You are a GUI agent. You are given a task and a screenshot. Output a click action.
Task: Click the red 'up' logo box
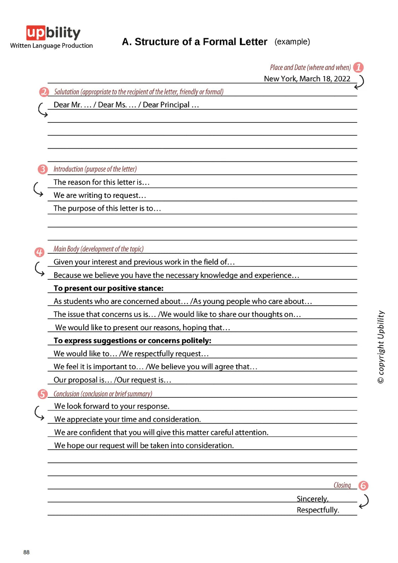pyautogui.click(x=35, y=33)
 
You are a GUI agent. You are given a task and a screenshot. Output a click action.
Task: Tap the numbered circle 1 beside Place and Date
pyautogui.click(x=358, y=67)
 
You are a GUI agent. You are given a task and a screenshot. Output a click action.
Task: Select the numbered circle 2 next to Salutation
pyautogui.click(x=44, y=92)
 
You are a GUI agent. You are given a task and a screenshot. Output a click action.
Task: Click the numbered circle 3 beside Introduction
pyautogui.click(x=42, y=169)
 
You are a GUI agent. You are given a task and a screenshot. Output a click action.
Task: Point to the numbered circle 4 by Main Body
pyautogui.click(x=39, y=252)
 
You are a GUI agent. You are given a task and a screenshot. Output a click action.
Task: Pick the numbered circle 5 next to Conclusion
pyautogui.click(x=42, y=394)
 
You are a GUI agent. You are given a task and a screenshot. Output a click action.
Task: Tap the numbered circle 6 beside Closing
pyautogui.click(x=363, y=486)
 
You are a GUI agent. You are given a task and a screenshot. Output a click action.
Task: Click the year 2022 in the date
pyautogui.click(x=342, y=79)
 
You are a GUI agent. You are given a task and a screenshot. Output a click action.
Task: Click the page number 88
pyautogui.click(x=27, y=552)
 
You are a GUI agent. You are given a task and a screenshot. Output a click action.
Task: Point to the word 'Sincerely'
pyautogui.click(x=312, y=499)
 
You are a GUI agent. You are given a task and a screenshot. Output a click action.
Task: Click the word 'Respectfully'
pyautogui.click(x=317, y=510)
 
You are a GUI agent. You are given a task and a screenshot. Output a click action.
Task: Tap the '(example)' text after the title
pyautogui.click(x=292, y=42)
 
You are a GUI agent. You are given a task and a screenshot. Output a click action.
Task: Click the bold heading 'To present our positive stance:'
pyautogui.click(x=109, y=288)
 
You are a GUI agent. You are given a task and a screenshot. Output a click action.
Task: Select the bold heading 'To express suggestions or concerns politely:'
pyautogui.click(x=132, y=340)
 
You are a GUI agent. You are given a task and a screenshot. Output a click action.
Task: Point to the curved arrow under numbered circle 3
pyautogui.click(x=38, y=189)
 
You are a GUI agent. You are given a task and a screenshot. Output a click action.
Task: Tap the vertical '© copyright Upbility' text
pyautogui.click(x=381, y=347)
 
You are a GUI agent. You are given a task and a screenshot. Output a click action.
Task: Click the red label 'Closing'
pyautogui.click(x=342, y=485)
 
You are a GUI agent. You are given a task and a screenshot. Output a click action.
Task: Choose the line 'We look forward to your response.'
pyautogui.click(x=112, y=406)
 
